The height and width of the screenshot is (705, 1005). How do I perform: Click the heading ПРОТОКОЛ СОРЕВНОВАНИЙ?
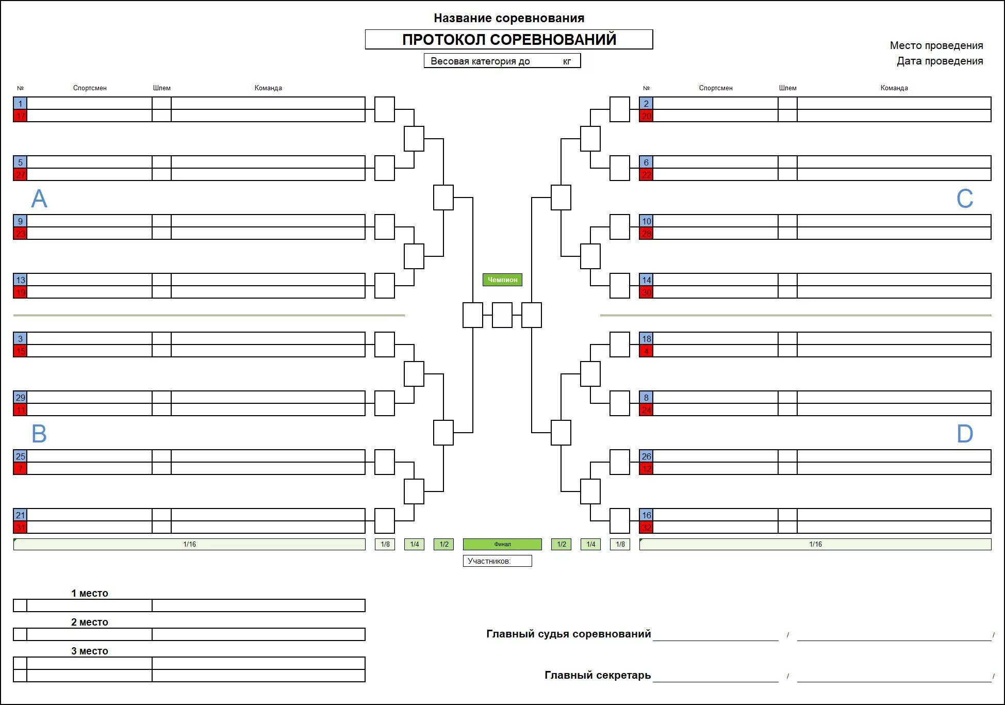point(509,40)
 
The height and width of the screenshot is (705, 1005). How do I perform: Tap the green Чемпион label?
point(502,280)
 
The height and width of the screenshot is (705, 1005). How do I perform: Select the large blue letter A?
point(39,199)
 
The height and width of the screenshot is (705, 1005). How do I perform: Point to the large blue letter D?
point(965,434)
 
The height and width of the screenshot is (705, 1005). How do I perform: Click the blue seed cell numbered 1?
point(20,103)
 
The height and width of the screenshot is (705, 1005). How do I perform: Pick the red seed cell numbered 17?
point(20,116)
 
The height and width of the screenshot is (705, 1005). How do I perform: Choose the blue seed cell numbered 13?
point(20,280)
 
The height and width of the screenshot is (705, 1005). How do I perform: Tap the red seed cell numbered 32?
point(646,528)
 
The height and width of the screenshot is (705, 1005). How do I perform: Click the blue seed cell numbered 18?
point(646,338)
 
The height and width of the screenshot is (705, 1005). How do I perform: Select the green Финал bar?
point(502,544)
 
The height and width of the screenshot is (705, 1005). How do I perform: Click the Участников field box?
point(497,561)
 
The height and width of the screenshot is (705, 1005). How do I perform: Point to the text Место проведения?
point(936,45)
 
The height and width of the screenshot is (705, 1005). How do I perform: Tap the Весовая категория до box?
point(502,61)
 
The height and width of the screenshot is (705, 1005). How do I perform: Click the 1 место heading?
point(90,593)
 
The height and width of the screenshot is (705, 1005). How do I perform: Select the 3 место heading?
point(90,651)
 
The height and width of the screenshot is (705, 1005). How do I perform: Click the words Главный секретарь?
point(597,675)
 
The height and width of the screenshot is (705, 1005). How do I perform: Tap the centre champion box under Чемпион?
point(502,315)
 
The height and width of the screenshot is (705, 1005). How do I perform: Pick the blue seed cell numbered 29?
point(20,397)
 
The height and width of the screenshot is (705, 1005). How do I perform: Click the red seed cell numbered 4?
point(646,351)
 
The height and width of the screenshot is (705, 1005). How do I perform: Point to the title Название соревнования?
point(509,18)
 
